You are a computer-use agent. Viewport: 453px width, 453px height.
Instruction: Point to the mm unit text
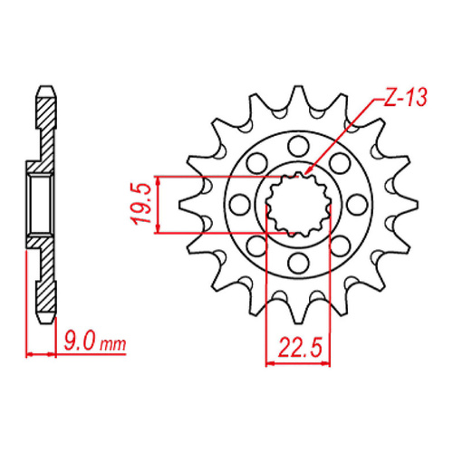coord(112,346)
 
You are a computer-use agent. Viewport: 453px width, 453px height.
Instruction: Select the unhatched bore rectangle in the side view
coord(41,204)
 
